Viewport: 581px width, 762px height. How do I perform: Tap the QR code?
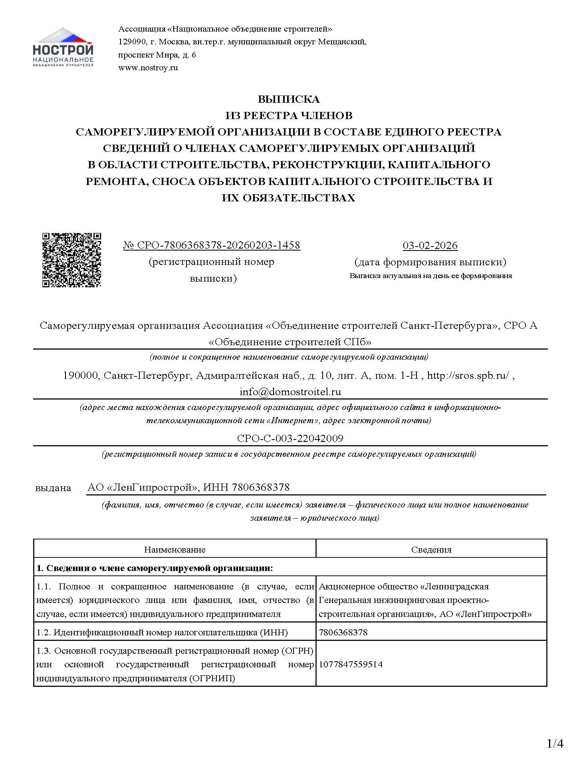coord(71,260)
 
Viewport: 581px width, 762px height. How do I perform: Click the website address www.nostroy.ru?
coord(148,68)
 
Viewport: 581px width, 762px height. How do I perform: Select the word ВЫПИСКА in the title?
coord(288,99)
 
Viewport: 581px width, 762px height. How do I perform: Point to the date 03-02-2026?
coord(430,246)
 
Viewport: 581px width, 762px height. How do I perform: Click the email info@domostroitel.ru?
coord(290,392)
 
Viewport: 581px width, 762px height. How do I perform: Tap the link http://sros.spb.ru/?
coord(468,376)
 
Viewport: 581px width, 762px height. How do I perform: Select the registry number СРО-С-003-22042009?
coord(290,438)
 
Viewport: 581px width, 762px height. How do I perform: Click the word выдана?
coord(53,488)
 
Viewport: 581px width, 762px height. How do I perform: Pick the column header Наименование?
coord(174,549)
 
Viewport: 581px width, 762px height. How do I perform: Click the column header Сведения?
coord(431,549)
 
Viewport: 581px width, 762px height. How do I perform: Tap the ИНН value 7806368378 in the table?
coord(343,632)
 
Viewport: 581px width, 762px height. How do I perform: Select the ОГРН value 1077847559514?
coord(350,664)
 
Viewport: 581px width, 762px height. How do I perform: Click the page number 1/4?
coord(555,744)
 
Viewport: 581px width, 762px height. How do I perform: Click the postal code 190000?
coord(81,376)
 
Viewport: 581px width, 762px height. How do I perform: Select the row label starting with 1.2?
coord(162,632)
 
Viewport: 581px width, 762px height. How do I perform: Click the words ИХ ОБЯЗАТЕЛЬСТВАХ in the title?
coord(288,198)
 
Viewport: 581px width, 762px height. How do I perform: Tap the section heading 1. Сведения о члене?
coord(155,568)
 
